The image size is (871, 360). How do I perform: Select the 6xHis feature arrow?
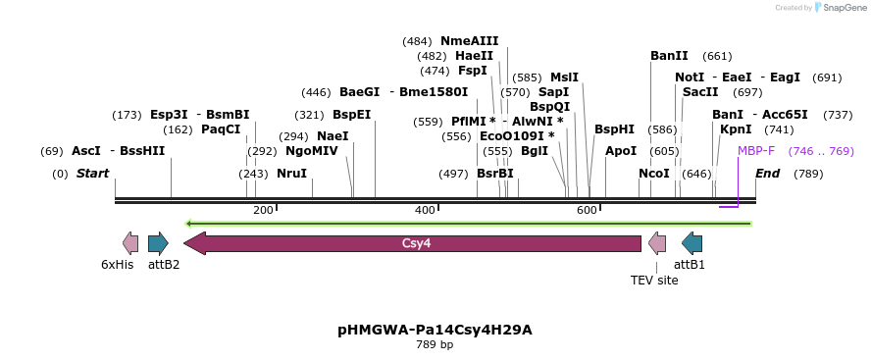coord(129,243)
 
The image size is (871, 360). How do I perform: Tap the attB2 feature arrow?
coord(158,243)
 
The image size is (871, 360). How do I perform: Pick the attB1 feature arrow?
coord(692,243)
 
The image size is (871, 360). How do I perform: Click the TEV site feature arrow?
coord(657,243)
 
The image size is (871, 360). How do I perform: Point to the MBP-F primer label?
coord(755,151)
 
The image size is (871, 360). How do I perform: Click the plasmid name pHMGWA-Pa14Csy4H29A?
coord(435,330)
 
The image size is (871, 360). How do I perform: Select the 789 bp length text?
coord(435,345)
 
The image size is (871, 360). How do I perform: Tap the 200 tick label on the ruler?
coord(263,211)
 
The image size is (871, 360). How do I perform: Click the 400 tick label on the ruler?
coord(425,211)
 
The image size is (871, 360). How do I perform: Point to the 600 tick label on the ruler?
coord(587,211)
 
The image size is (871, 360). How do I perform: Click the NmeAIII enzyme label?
coord(470,41)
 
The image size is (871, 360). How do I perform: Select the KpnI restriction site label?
coord(736,129)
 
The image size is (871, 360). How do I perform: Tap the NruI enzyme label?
coord(291,174)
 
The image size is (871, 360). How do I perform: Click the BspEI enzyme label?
coord(351,115)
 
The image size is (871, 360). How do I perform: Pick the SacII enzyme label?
coord(700,92)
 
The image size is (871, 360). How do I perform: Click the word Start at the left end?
coord(92,174)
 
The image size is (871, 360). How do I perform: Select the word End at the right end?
coord(767,174)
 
